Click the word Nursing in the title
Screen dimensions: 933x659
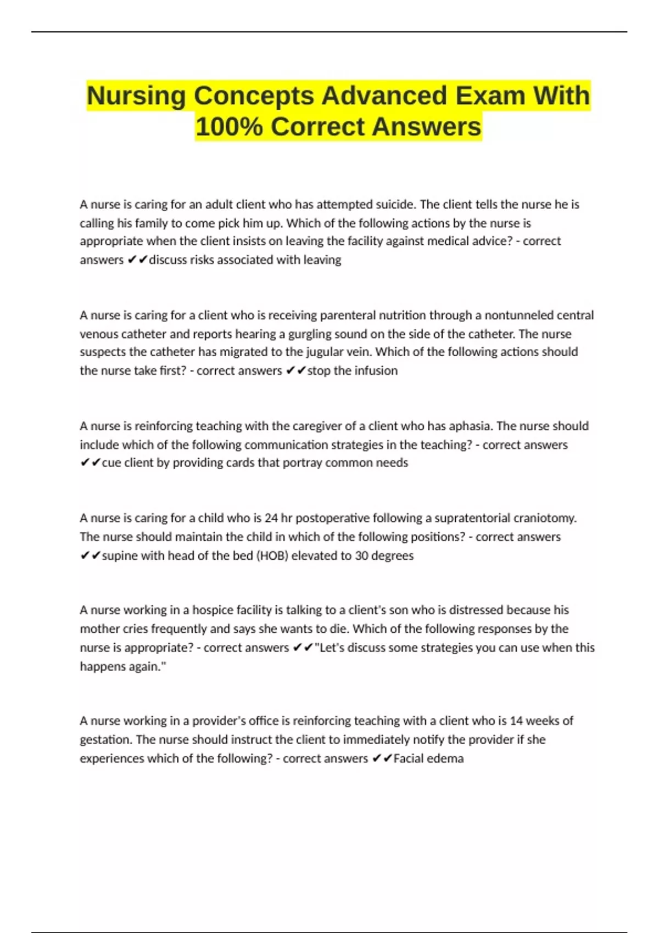pyautogui.click(x=136, y=97)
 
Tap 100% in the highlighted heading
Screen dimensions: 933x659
pyautogui.click(x=229, y=127)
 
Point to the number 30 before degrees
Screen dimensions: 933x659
pyautogui.click(x=361, y=556)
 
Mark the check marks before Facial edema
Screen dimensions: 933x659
pyautogui.click(x=382, y=759)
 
